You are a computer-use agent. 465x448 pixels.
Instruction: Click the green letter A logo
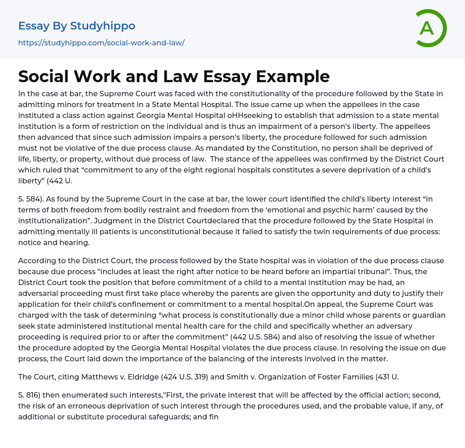pos(430,28)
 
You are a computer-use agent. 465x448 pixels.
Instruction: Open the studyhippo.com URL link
pos(101,43)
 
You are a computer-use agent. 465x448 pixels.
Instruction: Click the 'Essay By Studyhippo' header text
pos(77,26)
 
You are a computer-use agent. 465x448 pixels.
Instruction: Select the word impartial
pos(356,271)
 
